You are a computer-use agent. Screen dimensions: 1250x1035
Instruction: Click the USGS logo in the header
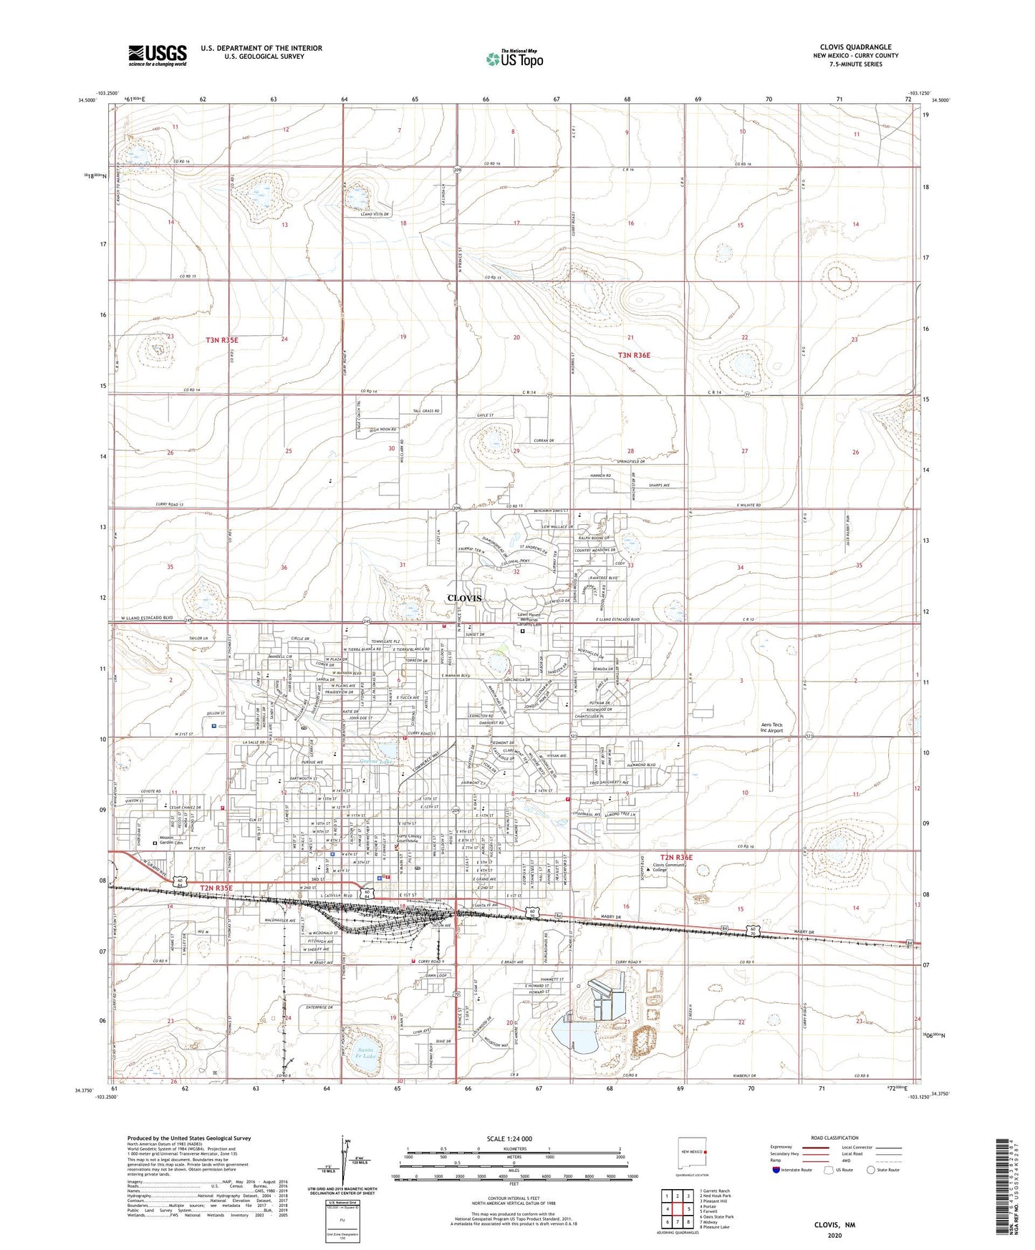158,55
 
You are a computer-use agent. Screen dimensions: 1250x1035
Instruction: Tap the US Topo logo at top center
514,59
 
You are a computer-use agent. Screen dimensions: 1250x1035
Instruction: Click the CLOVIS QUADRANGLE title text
855,47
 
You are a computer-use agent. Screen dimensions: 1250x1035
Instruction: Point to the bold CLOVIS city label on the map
464,598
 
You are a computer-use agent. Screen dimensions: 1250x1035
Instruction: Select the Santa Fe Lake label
365,1053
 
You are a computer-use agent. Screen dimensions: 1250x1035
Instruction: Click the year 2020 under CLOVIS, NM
834,1235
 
